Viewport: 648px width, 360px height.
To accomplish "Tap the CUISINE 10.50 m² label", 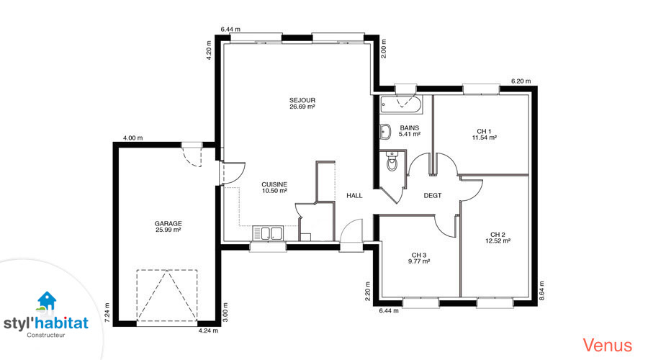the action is (x=274, y=188).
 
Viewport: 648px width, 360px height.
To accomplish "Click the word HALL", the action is (x=354, y=196).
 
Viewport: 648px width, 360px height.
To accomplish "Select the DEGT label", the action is (x=433, y=196).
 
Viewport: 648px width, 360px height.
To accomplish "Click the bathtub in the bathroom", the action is (x=401, y=105).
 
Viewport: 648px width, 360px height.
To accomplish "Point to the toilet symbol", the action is (x=392, y=161).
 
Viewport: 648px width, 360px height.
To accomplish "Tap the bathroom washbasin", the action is (x=385, y=132).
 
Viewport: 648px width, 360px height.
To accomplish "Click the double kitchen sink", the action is (x=268, y=233).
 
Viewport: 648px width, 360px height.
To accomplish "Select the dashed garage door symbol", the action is (x=167, y=295).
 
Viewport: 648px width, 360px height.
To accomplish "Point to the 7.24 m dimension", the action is (x=107, y=313).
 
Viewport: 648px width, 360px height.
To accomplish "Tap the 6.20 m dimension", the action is (x=521, y=81).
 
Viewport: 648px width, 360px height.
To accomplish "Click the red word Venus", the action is (x=608, y=345).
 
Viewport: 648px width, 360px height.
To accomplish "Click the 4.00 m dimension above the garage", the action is (x=132, y=138).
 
